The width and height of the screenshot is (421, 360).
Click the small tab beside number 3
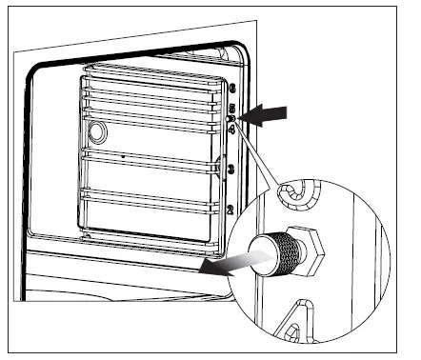[x=221, y=169]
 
